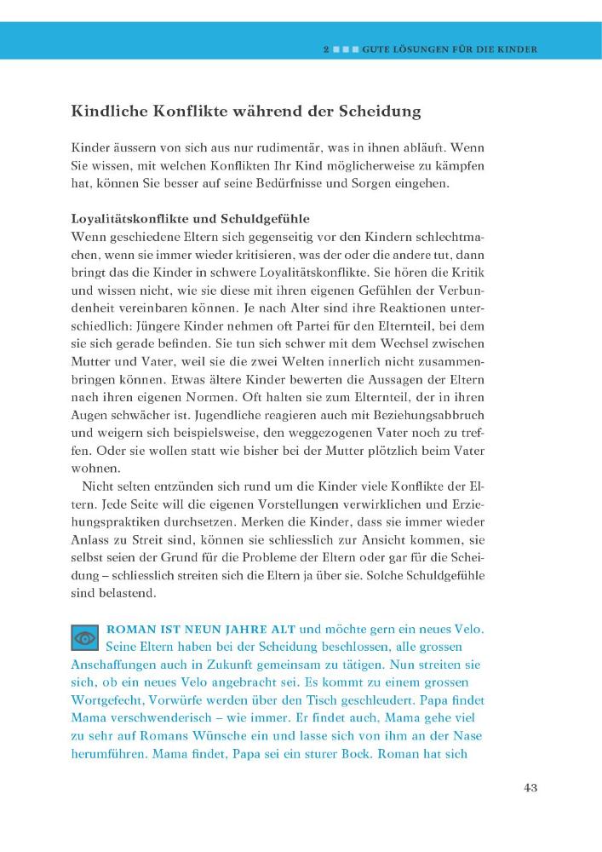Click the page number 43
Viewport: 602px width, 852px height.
tap(530, 786)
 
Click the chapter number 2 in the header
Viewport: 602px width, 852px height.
tap(326, 50)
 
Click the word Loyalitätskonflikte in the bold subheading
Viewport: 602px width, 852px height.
tap(128, 218)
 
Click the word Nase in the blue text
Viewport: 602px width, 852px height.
tap(471, 737)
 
